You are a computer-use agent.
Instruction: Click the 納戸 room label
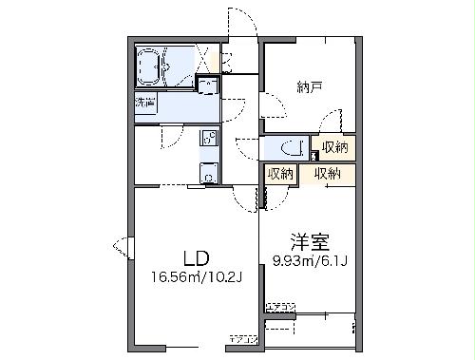click(307, 88)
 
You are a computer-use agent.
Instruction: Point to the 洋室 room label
click(308, 241)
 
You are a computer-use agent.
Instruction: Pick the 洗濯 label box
click(144, 103)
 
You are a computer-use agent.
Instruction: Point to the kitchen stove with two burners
click(208, 139)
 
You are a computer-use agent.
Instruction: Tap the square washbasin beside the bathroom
click(208, 87)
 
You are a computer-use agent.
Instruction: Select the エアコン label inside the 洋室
click(280, 306)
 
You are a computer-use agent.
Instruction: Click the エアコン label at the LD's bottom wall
click(241, 337)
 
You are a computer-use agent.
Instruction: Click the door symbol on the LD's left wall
click(123, 248)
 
